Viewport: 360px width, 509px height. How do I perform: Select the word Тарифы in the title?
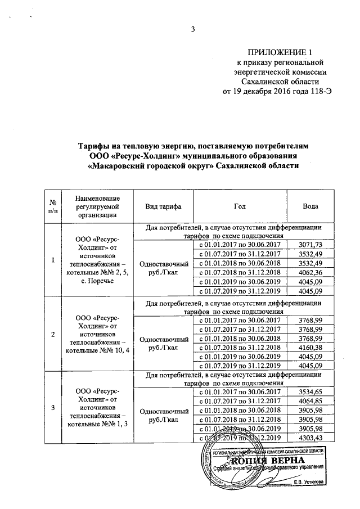(94, 146)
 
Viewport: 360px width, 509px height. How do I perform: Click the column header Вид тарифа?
(163, 206)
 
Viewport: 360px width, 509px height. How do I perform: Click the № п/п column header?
(52, 206)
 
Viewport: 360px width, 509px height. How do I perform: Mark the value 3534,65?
(310, 391)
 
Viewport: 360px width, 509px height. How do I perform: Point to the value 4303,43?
(310, 438)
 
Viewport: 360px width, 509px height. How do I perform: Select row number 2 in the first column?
(52, 335)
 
